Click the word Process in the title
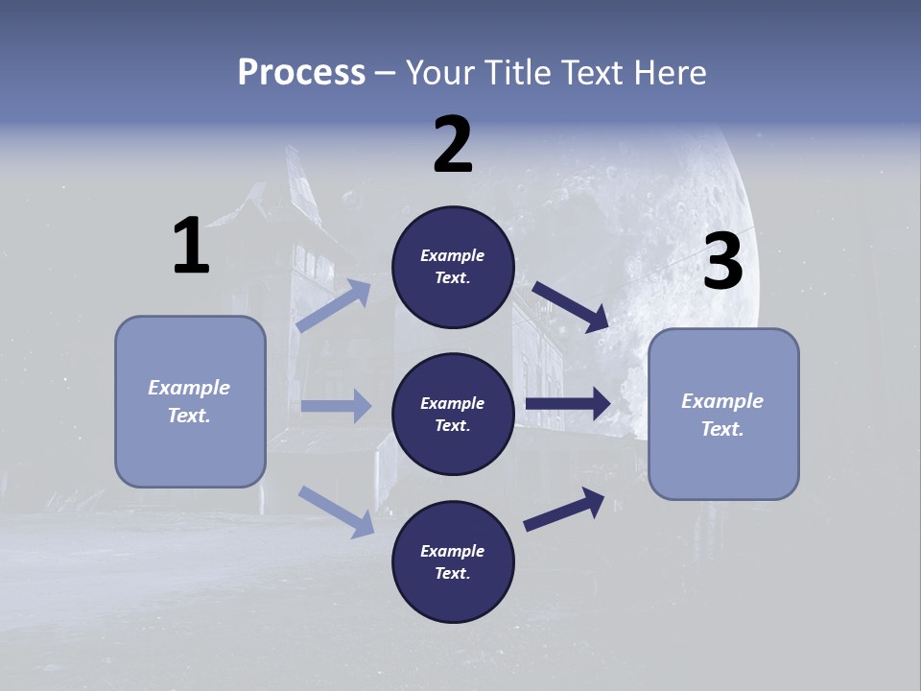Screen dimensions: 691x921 coord(301,72)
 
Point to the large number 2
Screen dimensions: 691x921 coord(453,145)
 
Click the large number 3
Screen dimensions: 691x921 coord(722,262)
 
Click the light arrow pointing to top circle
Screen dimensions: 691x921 coord(335,305)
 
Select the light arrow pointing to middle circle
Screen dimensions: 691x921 coord(336,406)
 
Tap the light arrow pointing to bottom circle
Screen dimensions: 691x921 coord(337,511)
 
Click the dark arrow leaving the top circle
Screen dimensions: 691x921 coord(571,306)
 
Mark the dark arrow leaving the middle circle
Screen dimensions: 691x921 coord(568,403)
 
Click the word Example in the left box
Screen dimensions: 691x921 coord(189,388)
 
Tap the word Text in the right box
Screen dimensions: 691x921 coord(720,429)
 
